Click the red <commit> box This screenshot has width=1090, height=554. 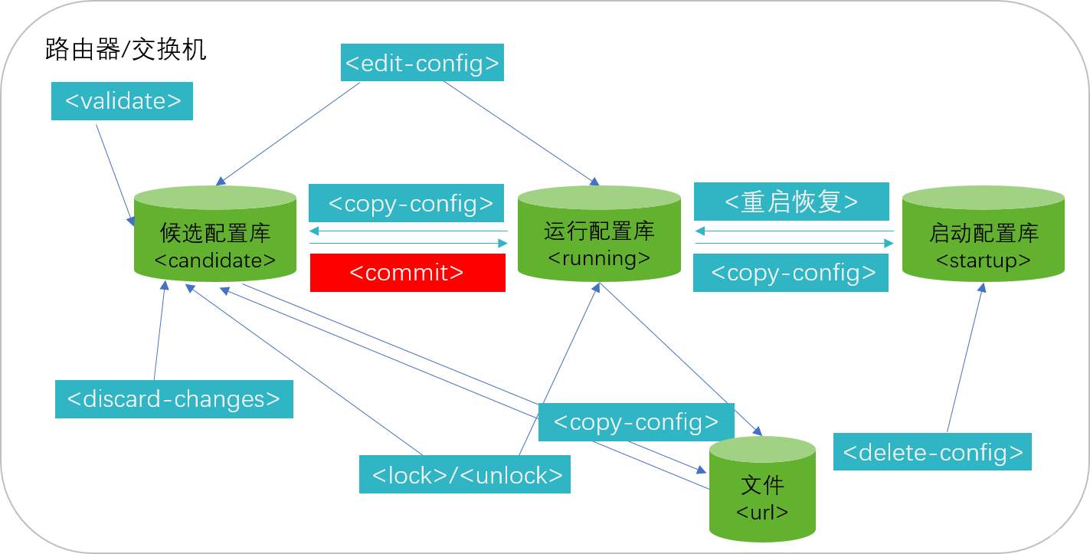408,273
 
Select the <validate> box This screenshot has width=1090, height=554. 122,101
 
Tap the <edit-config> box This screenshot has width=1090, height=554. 421,63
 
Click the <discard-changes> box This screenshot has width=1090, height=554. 174,399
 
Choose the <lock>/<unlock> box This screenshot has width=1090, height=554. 465,475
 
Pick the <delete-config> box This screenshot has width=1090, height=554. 932,452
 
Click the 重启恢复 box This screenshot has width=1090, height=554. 791,202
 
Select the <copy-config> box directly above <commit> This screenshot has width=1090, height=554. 406,203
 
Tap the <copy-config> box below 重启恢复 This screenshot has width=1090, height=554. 790,273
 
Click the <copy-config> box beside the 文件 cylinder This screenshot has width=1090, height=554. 636,422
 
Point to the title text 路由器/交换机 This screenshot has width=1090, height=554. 126,51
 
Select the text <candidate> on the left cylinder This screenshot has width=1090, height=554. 215,261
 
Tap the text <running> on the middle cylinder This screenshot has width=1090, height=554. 599,258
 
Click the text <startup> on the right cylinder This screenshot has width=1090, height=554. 983,261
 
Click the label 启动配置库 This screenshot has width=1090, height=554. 983,233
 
